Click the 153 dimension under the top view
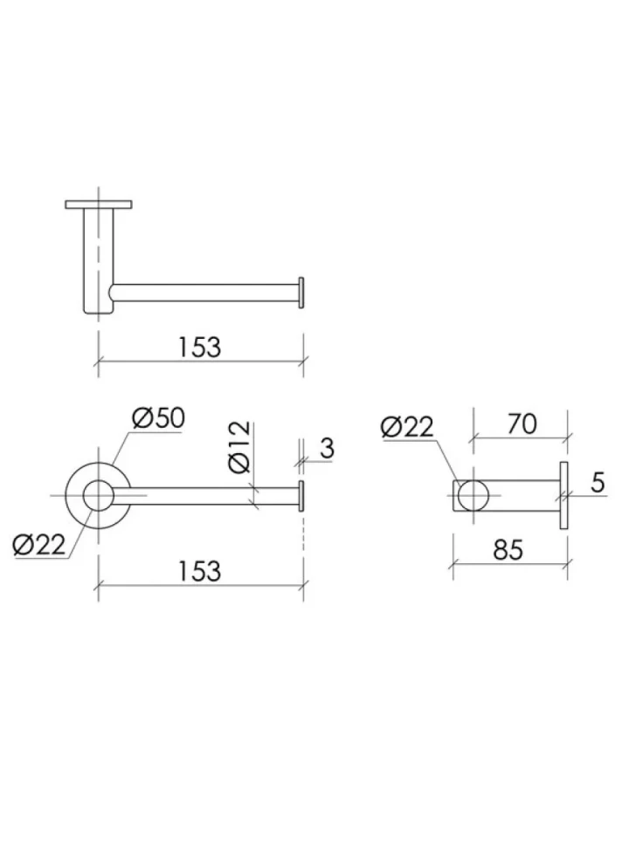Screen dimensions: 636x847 [x=199, y=347]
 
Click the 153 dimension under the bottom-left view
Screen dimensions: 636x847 [x=199, y=571]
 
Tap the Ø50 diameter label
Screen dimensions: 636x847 [x=158, y=417]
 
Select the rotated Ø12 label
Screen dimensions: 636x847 [x=240, y=447]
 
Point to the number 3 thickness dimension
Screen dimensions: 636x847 [x=327, y=448]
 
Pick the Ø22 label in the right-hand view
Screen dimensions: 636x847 [x=407, y=427]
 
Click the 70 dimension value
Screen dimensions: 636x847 [x=522, y=424]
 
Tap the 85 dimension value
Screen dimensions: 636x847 [x=508, y=550]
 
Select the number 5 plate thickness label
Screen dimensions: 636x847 [x=598, y=482]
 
